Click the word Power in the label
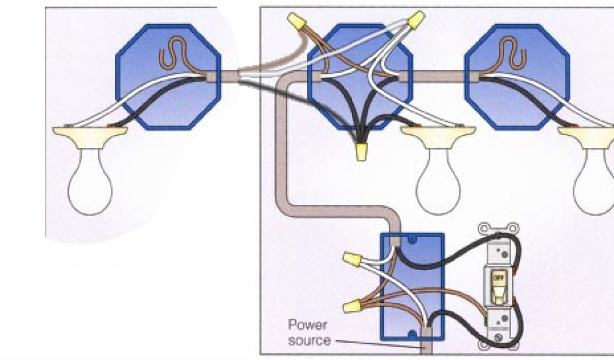[308, 326]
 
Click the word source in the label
[309, 340]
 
